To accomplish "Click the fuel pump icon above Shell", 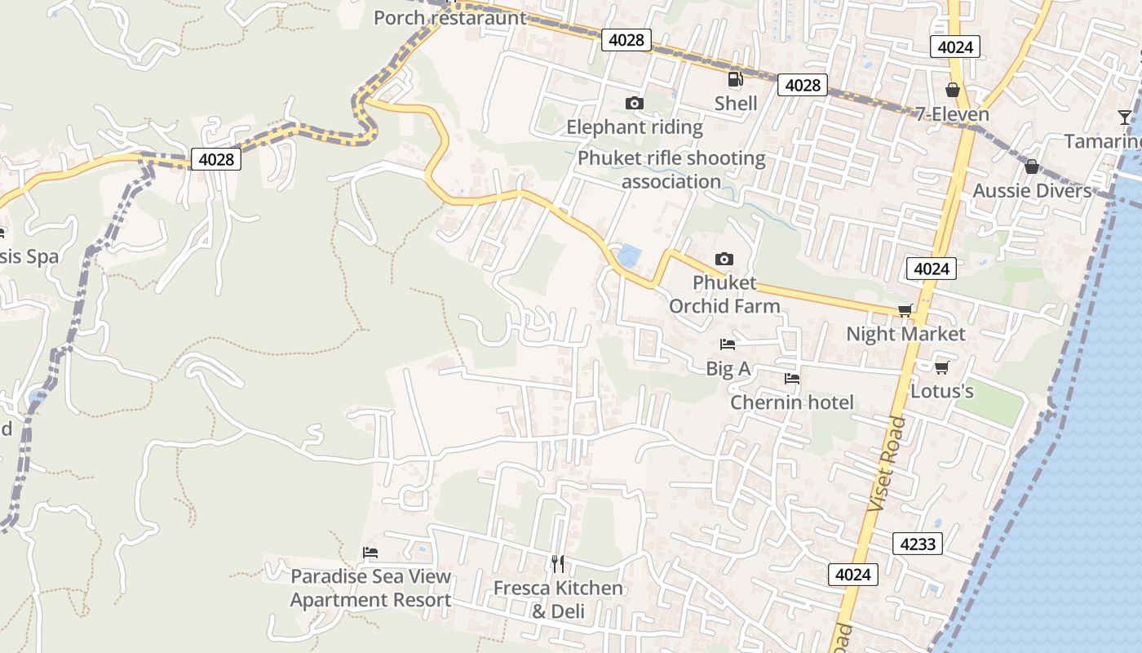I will pyautogui.click(x=735, y=79).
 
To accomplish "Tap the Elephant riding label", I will pyautogui.click(x=634, y=127).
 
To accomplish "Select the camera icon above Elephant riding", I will pyautogui.click(x=634, y=103).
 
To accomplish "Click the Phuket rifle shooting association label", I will pyautogui.click(x=671, y=170).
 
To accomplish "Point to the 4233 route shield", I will pyautogui.click(x=917, y=544).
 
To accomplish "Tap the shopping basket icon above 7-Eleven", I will pyautogui.click(x=952, y=90).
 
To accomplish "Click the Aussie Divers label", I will pyautogui.click(x=1032, y=191).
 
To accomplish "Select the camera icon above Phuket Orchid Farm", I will pyautogui.click(x=724, y=259).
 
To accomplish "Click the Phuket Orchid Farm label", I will pyautogui.click(x=724, y=294).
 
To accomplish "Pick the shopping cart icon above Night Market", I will pyautogui.click(x=905, y=310).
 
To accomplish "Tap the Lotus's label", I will pyautogui.click(x=941, y=391).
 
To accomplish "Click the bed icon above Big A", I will pyautogui.click(x=728, y=344).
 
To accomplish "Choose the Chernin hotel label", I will pyautogui.click(x=791, y=402).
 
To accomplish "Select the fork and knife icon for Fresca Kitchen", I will pyautogui.click(x=557, y=563).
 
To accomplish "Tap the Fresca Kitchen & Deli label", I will pyautogui.click(x=558, y=599).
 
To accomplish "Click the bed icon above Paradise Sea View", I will pyautogui.click(x=370, y=553).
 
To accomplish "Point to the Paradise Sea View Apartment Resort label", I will pyautogui.click(x=370, y=588).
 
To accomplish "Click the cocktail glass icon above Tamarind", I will pyautogui.click(x=1125, y=118).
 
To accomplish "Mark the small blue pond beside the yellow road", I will pyautogui.click(x=628, y=256).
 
